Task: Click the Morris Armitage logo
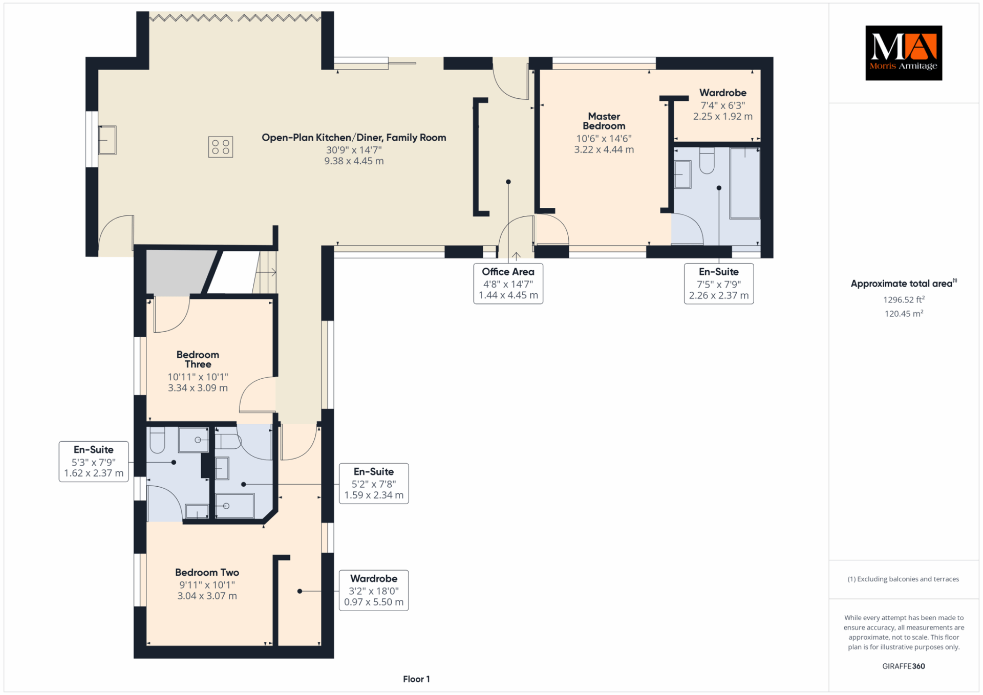click(904, 53)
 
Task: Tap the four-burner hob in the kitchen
click(221, 147)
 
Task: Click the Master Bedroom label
click(604, 121)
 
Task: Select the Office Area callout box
click(508, 284)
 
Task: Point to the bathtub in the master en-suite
click(744, 183)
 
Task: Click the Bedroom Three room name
click(198, 359)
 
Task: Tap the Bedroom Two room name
click(207, 572)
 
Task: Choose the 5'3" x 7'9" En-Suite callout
click(94, 462)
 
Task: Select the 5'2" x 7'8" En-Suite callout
click(374, 484)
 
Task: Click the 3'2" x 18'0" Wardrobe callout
click(374, 591)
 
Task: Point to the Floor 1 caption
click(416, 679)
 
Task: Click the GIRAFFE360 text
click(904, 666)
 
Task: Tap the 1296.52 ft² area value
click(904, 299)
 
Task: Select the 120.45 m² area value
click(904, 313)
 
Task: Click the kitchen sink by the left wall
click(107, 140)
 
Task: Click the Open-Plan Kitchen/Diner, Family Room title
click(354, 137)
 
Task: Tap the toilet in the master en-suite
click(707, 161)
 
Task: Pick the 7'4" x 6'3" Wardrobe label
click(723, 104)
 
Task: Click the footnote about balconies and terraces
click(903, 579)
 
